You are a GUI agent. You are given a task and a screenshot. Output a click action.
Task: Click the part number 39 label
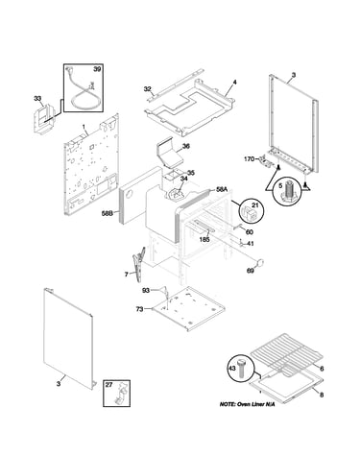tap(97, 69)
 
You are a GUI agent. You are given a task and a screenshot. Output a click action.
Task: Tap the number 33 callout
tap(37, 99)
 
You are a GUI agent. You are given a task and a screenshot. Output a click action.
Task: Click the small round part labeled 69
tap(260, 262)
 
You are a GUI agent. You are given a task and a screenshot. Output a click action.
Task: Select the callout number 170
tap(250, 158)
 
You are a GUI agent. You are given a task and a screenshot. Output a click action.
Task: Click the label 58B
tap(107, 213)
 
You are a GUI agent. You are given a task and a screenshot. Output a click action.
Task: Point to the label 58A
tap(222, 190)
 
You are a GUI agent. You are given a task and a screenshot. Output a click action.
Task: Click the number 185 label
tap(204, 239)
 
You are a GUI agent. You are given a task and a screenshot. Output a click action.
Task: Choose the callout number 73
tap(139, 309)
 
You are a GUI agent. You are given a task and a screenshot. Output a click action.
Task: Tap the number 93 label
tap(146, 291)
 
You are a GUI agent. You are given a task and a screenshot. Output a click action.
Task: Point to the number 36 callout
tap(186, 147)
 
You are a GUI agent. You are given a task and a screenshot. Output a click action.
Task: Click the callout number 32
tap(147, 89)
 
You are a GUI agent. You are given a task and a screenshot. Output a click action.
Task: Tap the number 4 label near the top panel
tap(234, 83)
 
